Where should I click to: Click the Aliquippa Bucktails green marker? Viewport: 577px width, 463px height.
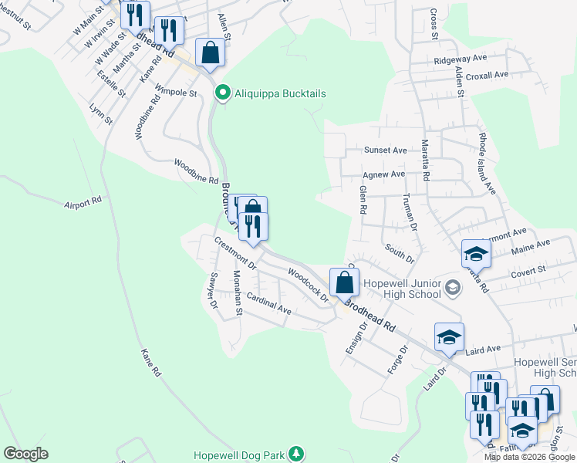pyautogui.click(x=223, y=93)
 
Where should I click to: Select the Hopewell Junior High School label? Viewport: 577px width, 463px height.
pyautogui.click(x=400, y=288)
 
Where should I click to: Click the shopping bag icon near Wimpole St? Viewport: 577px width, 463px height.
pyautogui.click(x=210, y=53)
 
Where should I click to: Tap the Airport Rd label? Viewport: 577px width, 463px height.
pyautogui.click(x=83, y=202)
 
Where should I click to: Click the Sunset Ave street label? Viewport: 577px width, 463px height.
pyautogui.click(x=385, y=150)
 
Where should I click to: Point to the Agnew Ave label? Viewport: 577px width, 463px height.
pyautogui.click(x=383, y=175)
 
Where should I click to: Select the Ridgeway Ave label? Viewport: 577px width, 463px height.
pyautogui.click(x=461, y=59)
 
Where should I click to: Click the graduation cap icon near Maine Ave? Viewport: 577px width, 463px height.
pyautogui.click(x=476, y=254)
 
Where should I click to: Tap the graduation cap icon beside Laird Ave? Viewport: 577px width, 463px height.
pyautogui.click(x=449, y=337)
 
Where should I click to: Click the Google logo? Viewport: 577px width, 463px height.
pyautogui.click(x=26, y=454)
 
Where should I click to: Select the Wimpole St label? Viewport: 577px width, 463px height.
pyautogui.click(x=177, y=92)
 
